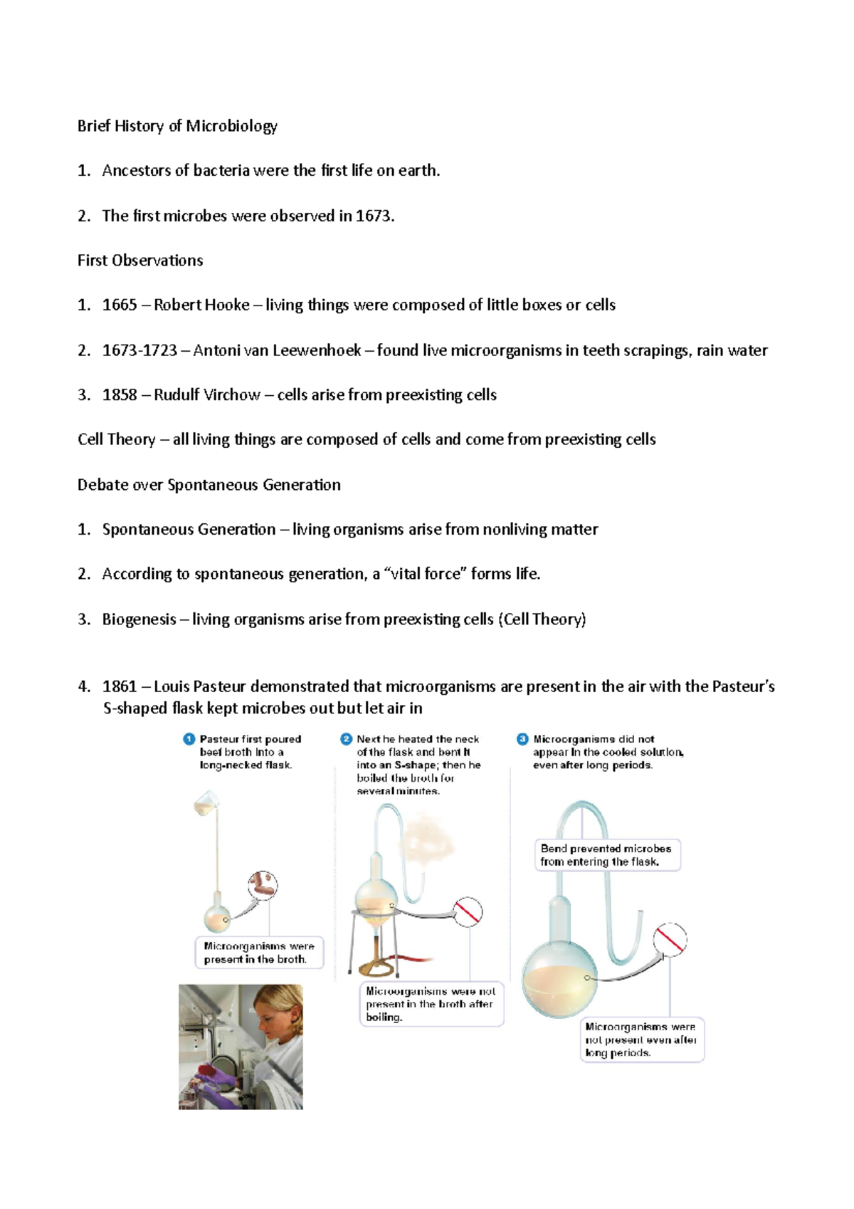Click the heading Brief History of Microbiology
pos(177,126)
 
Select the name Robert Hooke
pos(201,305)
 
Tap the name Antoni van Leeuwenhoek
pos(277,350)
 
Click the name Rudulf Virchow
pos(207,394)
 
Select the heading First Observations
pos(140,261)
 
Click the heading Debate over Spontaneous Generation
pos(209,485)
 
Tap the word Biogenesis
pos(139,619)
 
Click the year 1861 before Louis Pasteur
pos(120,686)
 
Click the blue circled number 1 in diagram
pos(189,739)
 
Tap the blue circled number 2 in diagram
pos(347,739)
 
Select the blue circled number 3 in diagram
pos(522,739)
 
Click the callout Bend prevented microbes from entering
pos(606,855)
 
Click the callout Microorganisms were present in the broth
pos(258,953)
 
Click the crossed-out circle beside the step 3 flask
pos(670,938)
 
